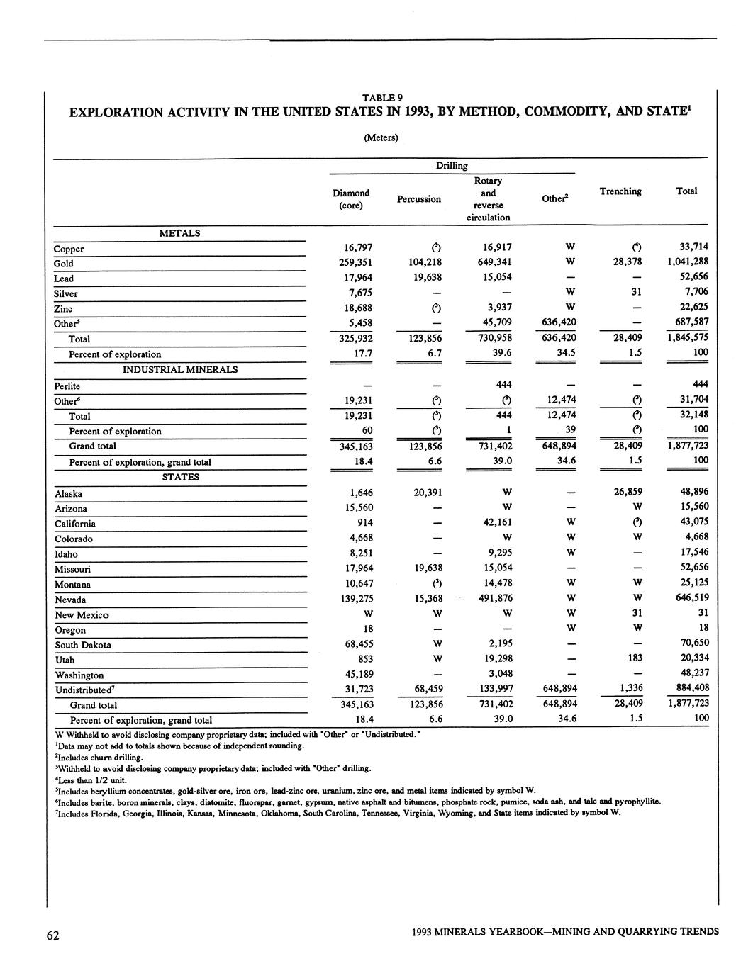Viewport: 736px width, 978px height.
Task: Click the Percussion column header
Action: pyautogui.click(x=418, y=199)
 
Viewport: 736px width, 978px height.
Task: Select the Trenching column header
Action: pyautogui.click(x=620, y=191)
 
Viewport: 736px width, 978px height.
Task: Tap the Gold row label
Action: pyautogui.click(x=64, y=264)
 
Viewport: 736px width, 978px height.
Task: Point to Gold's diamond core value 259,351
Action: pyautogui.click(x=352, y=262)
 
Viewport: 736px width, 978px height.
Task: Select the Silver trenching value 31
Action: pyautogui.click(x=637, y=292)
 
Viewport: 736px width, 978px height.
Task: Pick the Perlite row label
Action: pyautogui.click(x=67, y=386)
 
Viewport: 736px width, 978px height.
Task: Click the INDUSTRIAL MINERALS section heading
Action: pyautogui.click(x=180, y=369)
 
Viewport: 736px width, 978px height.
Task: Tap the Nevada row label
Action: pyautogui.click(x=70, y=600)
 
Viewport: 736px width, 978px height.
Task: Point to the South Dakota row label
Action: pyautogui.click(x=83, y=645)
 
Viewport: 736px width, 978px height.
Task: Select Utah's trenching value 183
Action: pyautogui.click(x=636, y=658)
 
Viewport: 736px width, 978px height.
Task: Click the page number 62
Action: pyautogui.click(x=52, y=935)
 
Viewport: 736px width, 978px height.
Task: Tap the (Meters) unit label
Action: pyautogui.click(x=381, y=137)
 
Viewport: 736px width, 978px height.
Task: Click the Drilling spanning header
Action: pyautogui.click(x=452, y=166)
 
